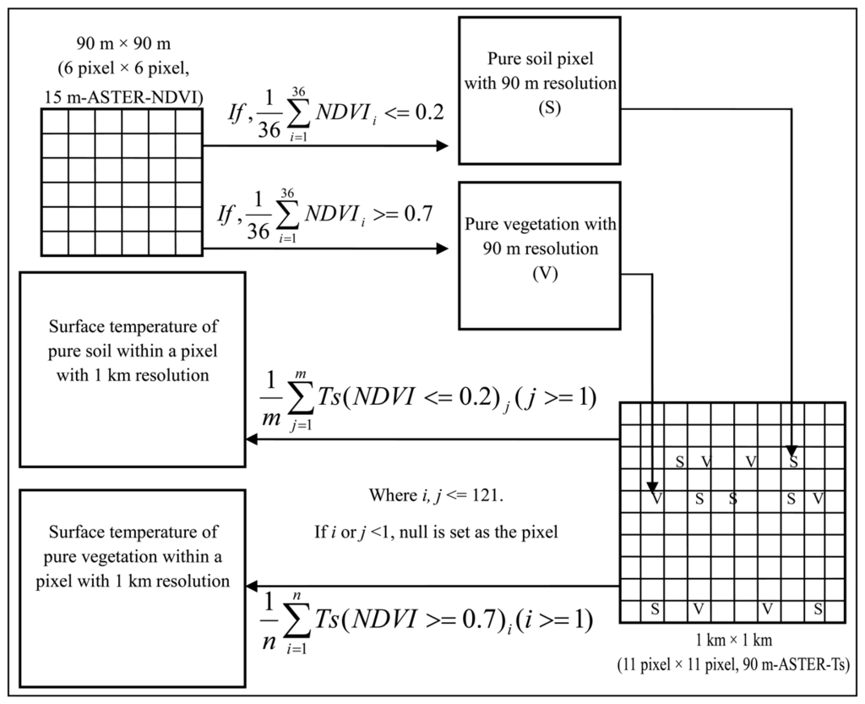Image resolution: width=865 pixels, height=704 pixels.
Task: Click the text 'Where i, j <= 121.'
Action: [x=435, y=494]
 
